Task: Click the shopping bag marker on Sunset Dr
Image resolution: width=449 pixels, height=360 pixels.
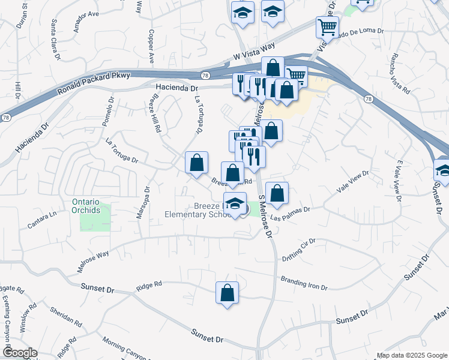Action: click(x=227, y=293)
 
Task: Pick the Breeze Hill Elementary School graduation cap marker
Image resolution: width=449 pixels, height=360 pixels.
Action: click(x=235, y=204)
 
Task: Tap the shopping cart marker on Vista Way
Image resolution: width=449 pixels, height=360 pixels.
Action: click(x=327, y=27)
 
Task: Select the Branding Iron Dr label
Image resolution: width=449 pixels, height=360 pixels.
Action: click(x=304, y=283)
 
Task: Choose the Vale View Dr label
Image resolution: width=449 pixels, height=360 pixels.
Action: click(x=352, y=181)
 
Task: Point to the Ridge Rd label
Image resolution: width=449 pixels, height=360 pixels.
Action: click(x=149, y=284)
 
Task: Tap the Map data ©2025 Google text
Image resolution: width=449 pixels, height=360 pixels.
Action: click(x=412, y=355)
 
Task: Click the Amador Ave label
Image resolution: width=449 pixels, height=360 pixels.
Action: click(x=85, y=14)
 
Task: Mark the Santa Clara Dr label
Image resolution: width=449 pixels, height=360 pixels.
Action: click(x=55, y=39)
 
